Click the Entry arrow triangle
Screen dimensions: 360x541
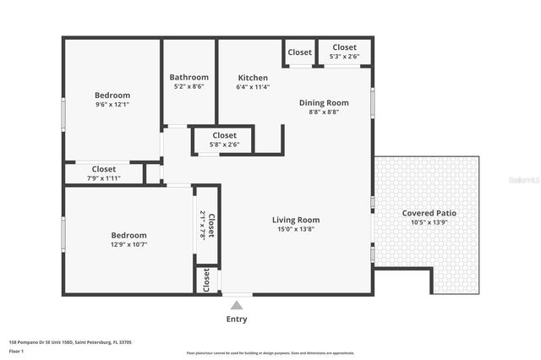237,304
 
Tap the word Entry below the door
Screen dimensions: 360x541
237,319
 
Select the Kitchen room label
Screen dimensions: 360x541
253,77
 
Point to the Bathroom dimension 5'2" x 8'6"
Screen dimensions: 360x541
189,86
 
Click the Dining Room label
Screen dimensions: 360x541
324,102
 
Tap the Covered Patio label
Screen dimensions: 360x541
428,213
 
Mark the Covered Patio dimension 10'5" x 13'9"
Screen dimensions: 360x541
428,222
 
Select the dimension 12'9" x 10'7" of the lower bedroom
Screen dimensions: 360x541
128,244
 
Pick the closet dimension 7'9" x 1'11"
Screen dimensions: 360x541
104,177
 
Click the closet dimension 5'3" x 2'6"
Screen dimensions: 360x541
344,57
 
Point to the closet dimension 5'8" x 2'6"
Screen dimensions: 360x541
224,145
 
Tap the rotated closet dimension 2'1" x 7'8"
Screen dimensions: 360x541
201,225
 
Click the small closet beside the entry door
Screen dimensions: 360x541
205,281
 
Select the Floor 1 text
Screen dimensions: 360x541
16,351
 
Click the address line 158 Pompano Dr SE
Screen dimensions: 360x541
69,342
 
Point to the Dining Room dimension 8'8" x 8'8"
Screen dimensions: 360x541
324,112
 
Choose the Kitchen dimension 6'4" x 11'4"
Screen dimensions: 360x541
253,86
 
